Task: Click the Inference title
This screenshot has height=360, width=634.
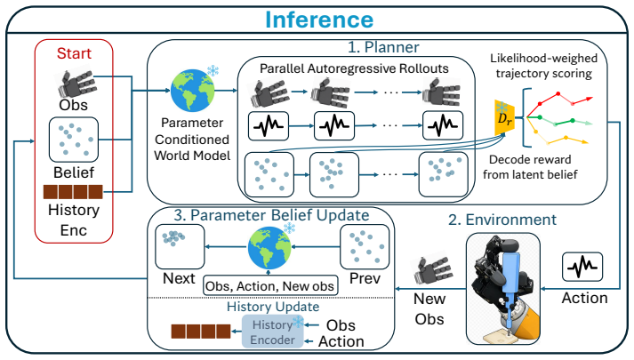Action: coord(319,20)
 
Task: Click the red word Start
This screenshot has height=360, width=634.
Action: coord(74,53)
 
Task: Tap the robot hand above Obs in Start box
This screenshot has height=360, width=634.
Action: coord(76,84)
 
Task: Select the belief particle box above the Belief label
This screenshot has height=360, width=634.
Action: coord(74,140)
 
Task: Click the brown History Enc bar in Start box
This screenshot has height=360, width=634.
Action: coord(73,192)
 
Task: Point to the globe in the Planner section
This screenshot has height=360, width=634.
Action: coord(192,91)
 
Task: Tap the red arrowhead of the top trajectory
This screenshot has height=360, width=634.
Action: coord(590,98)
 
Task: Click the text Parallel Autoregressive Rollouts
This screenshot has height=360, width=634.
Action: coord(354,68)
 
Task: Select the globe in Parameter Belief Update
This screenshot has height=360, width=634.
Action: coord(269,248)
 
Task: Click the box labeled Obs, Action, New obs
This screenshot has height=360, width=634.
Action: coord(270,285)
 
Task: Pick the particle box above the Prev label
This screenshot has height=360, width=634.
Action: coord(365,247)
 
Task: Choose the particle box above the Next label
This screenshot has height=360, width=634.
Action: coord(180,247)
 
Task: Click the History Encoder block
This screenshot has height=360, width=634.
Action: coord(272,332)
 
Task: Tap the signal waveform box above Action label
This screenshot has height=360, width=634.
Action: coord(582,267)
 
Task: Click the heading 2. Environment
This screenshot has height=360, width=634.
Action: coord(502,220)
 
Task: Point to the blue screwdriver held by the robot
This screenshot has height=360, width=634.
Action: coord(510,289)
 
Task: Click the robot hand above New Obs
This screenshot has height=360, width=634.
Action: coord(429,272)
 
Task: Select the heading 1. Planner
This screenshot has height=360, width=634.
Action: coord(383,47)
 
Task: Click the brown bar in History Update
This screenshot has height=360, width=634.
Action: coord(201,332)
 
